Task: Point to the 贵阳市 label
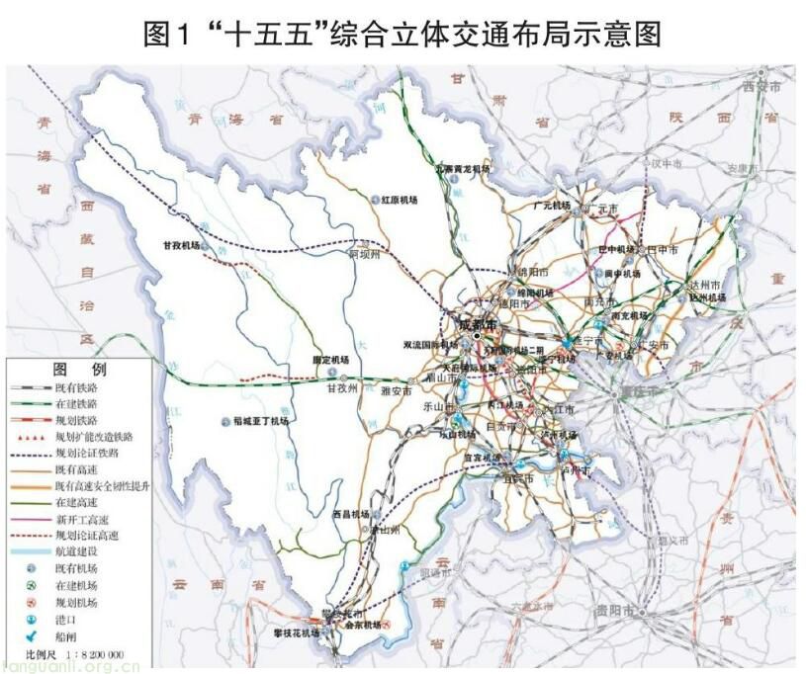click(613, 611)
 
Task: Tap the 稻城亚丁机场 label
click(260, 421)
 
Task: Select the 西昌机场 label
click(350, 514)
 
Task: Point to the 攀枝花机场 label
click(297, 632)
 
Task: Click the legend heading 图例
click(79, 369)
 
